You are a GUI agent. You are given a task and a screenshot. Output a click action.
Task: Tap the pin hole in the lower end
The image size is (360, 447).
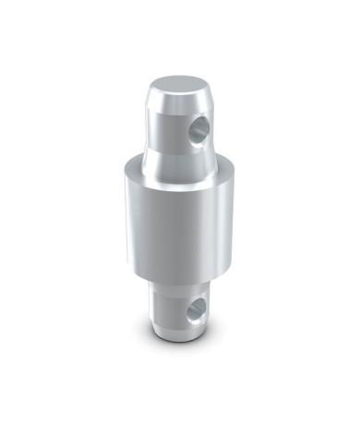coord(195,311)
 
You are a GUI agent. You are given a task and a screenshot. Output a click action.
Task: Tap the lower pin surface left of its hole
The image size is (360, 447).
coord(166,309)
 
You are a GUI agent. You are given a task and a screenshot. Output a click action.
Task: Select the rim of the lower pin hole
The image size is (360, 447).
coord(188,310)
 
